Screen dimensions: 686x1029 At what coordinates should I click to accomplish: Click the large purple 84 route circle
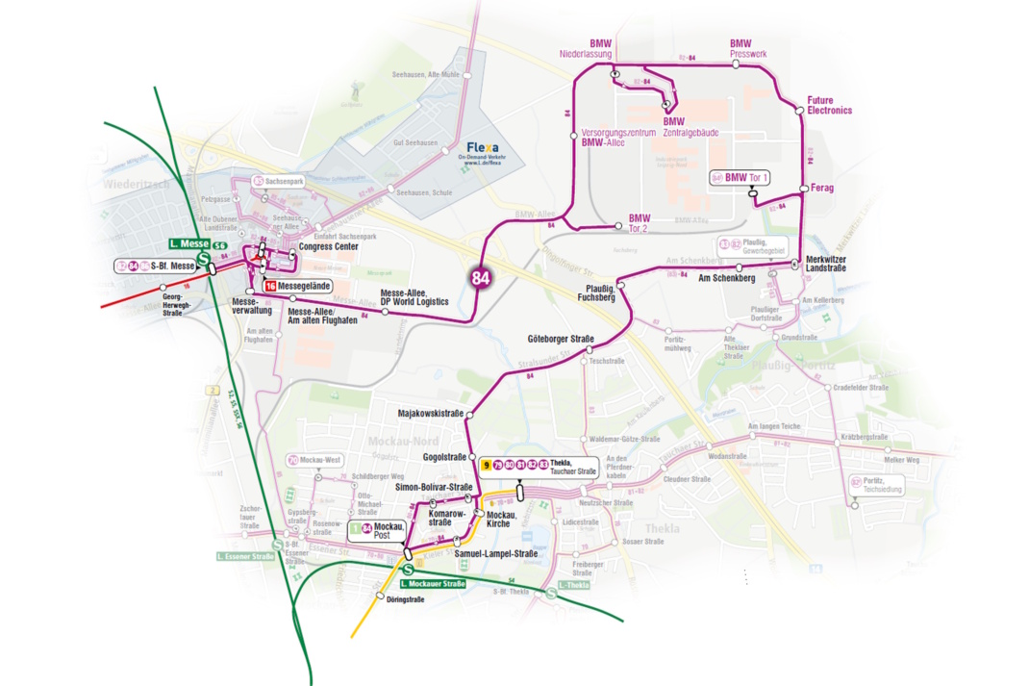(481, 278)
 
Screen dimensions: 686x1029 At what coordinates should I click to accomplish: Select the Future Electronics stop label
(829, 105)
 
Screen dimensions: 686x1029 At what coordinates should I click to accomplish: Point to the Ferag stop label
(822, 188)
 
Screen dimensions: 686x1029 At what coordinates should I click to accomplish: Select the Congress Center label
(328, 246)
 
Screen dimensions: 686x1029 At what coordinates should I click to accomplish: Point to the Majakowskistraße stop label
(431, 414)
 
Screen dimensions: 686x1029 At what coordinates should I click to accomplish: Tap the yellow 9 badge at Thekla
(488, 465)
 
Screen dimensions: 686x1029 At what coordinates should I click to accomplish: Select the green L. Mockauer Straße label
(432, 583)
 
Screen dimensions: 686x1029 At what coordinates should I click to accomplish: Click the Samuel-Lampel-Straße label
(495, 554)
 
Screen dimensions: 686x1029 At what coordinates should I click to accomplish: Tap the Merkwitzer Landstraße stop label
(825, 265)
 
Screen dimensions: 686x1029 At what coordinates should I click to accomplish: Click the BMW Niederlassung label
(587, 49)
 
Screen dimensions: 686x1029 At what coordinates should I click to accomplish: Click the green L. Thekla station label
(574, 585)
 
